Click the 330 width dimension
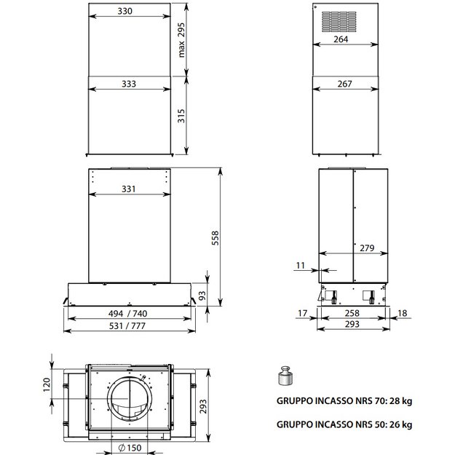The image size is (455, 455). [125, 11]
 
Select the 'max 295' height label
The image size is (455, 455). [181, 40]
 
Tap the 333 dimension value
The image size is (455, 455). [129, 84]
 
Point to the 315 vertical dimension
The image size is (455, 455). [181, 116]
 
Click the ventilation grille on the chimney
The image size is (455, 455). [339, 22]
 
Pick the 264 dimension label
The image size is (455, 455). [341, 39]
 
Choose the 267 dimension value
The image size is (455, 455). [345, 84]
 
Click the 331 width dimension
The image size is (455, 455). [129, 189]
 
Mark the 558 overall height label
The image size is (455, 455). [215, 238]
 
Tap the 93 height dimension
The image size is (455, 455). [202, 296]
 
